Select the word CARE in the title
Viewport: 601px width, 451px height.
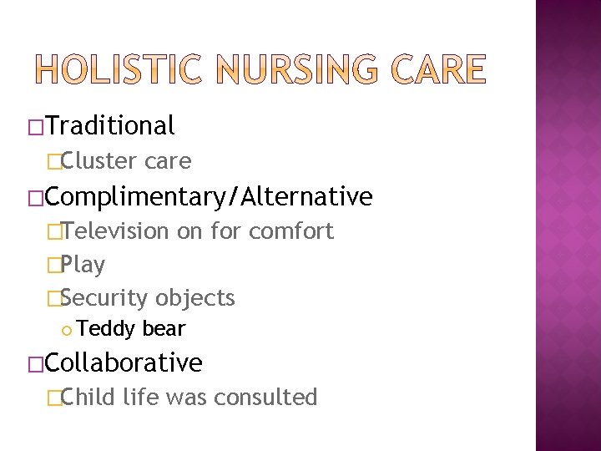[x=439, y=69]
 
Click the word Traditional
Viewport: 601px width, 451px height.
[x=110, y=126]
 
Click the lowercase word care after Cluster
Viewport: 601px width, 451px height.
[x=167, y=161]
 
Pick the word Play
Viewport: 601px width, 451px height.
[x=83, y=266]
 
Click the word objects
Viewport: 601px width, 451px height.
[x=195, y=298]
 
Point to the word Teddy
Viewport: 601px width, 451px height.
[x=106, y=329]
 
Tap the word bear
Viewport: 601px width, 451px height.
[x=164, y=329]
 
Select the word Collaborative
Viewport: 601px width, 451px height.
[x=124, y=363]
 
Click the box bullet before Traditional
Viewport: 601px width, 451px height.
[x=35, y=127]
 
